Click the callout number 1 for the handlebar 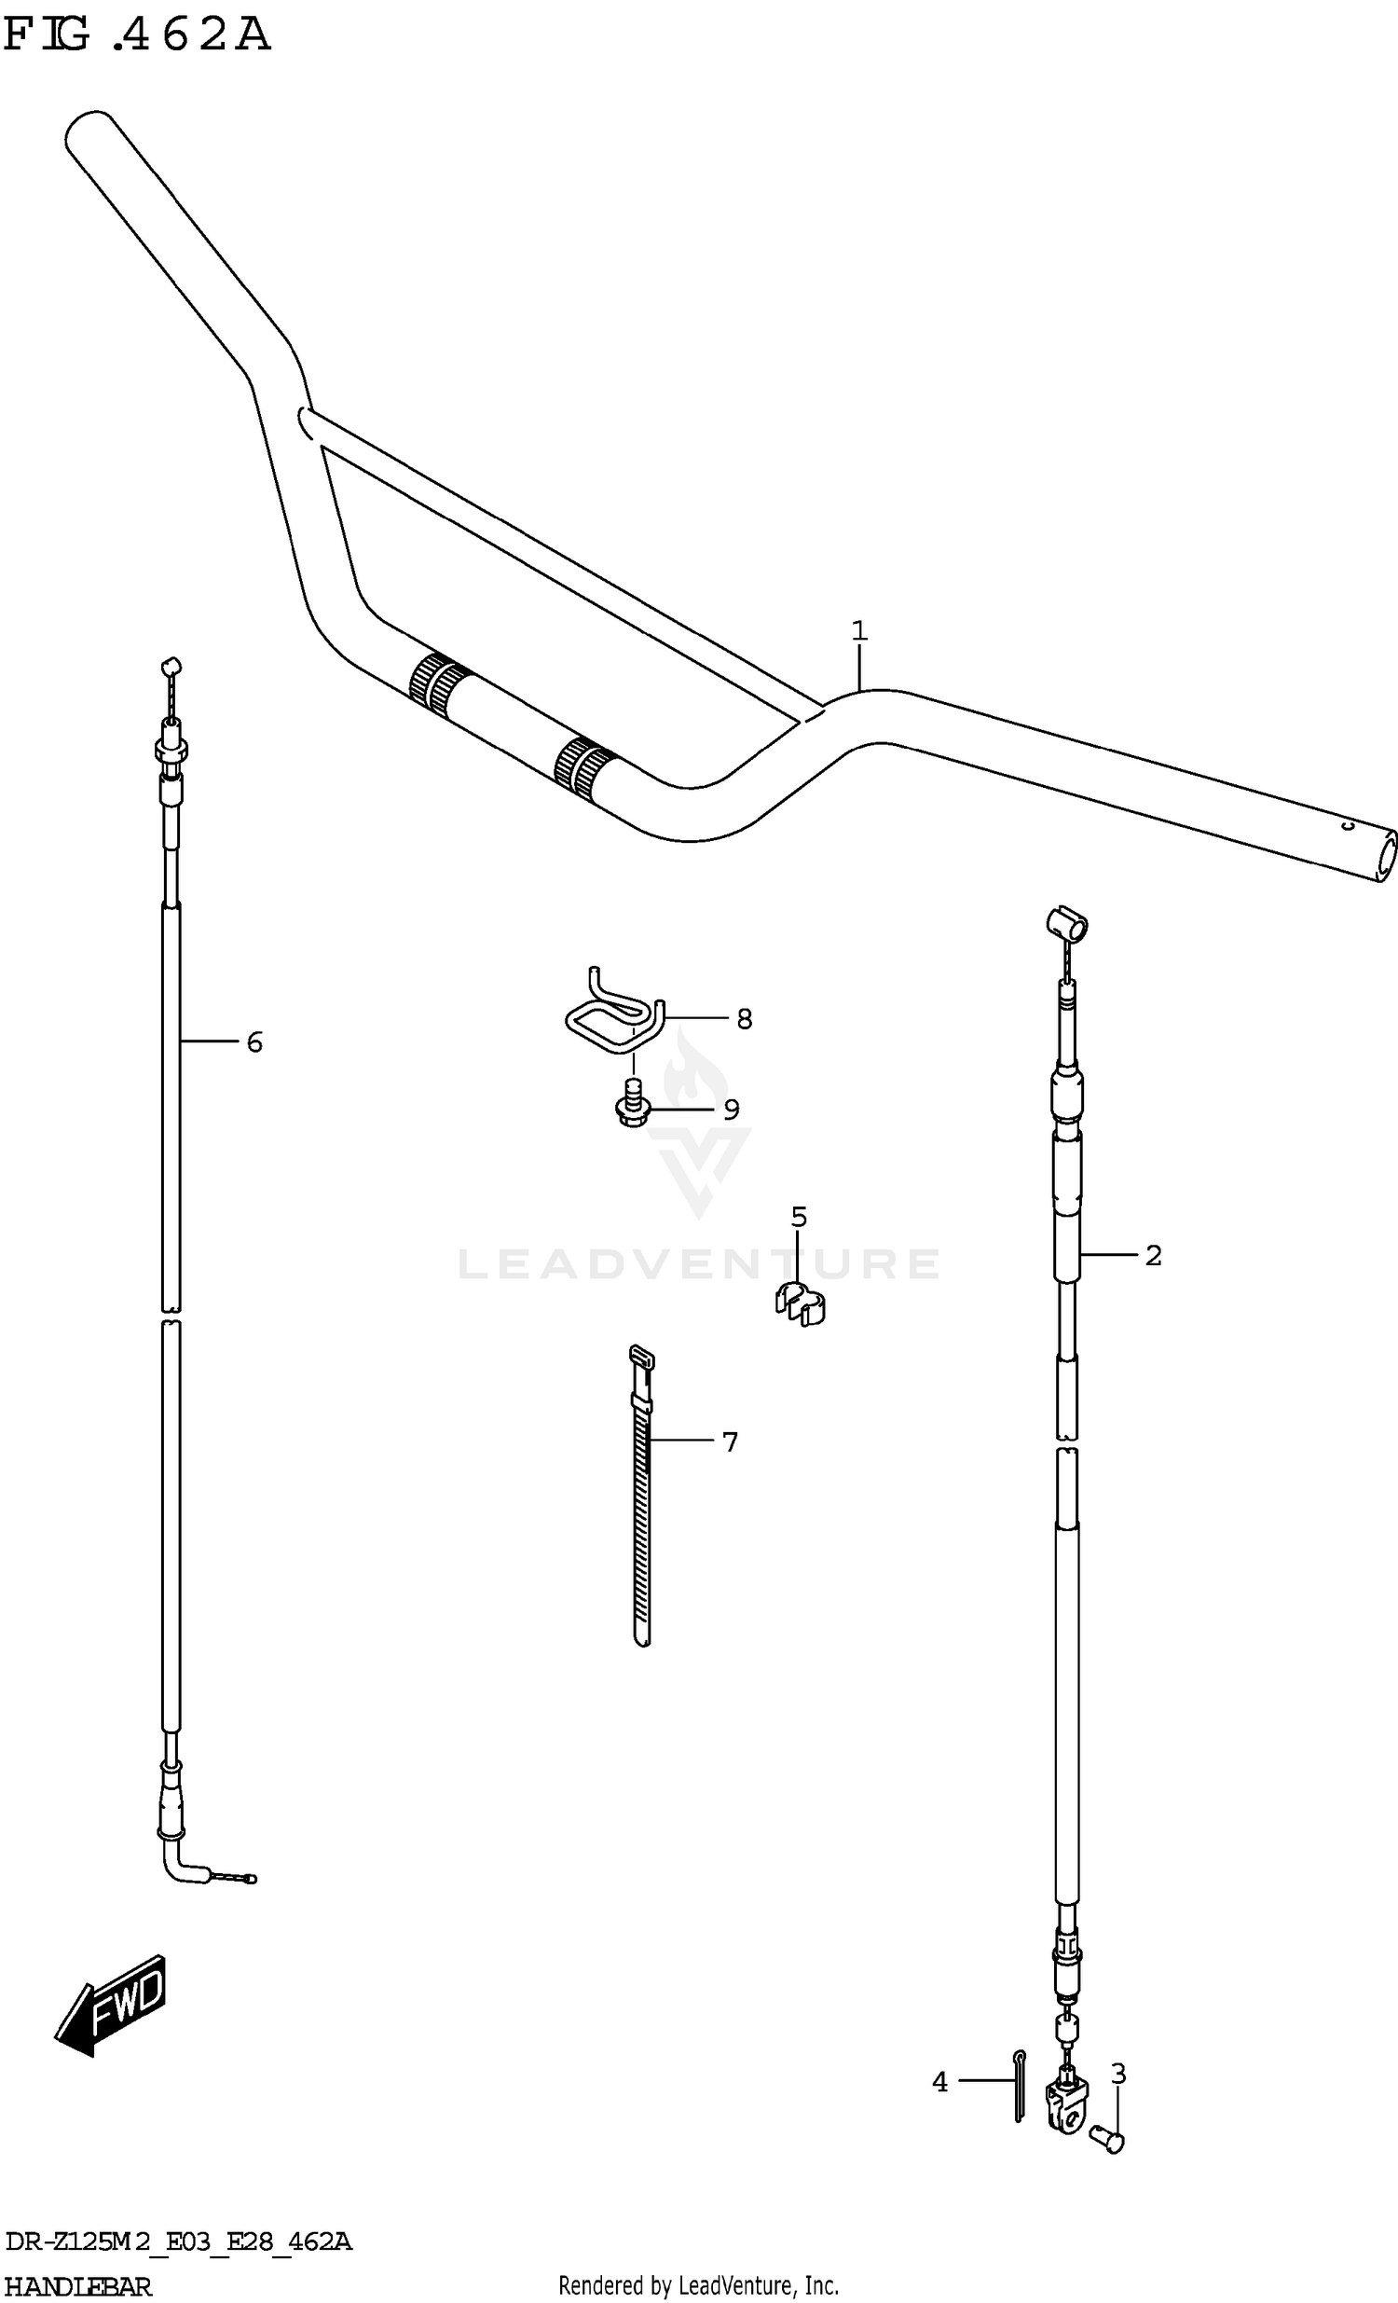858,632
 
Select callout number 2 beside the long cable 1153,1256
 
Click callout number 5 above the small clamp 798,1217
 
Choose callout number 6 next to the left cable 254,1042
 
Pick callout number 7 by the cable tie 730,1442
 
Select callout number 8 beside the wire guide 744,1019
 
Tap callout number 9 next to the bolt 731,1110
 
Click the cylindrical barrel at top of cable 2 1065,923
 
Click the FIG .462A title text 137,34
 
